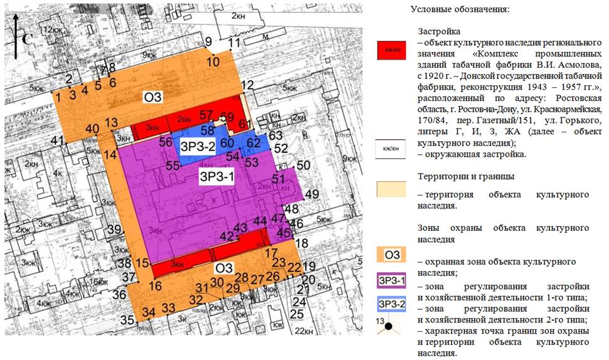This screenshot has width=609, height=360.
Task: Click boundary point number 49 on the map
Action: pos(311,194)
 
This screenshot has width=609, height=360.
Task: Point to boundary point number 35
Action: pos(127,320)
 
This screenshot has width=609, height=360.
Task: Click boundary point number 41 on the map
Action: pos(58,140)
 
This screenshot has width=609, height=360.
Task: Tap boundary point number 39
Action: pos(114,230)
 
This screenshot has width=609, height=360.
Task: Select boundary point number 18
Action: pos(302,243)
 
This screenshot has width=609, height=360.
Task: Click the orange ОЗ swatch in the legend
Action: pos(393,254)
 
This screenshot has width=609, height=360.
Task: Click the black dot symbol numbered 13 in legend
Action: pos(389,326)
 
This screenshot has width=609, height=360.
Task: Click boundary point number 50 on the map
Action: pos(304,166)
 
